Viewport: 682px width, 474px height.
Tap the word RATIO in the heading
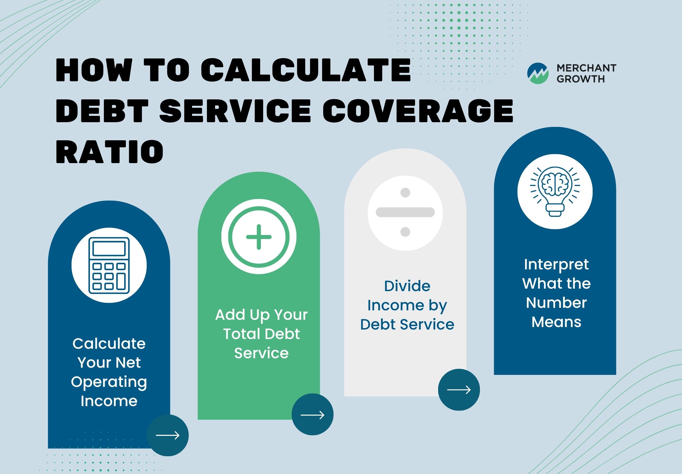coord(110,152)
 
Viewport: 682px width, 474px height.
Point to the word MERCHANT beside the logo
coord(586,68)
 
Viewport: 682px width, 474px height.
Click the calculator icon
coord(109,265)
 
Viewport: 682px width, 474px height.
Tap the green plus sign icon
coord(259,237)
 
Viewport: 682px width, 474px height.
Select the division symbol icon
coord(405,212)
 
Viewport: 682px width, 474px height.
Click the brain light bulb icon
coord(555,191)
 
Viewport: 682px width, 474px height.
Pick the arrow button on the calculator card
coord(168,435)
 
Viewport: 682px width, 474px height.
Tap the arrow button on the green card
coord(313,415)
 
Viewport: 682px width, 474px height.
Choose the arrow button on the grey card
coord(459,390)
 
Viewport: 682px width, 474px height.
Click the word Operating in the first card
coord(109,382)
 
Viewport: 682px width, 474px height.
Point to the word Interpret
coord(556,265)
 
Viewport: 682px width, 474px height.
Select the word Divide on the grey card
coord(407,286)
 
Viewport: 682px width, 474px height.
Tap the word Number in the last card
coord(556,303)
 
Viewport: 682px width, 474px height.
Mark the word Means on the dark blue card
coord(556,322)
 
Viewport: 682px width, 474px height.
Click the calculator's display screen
coord(109,249)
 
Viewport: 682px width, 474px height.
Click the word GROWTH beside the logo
coord(581,79)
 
